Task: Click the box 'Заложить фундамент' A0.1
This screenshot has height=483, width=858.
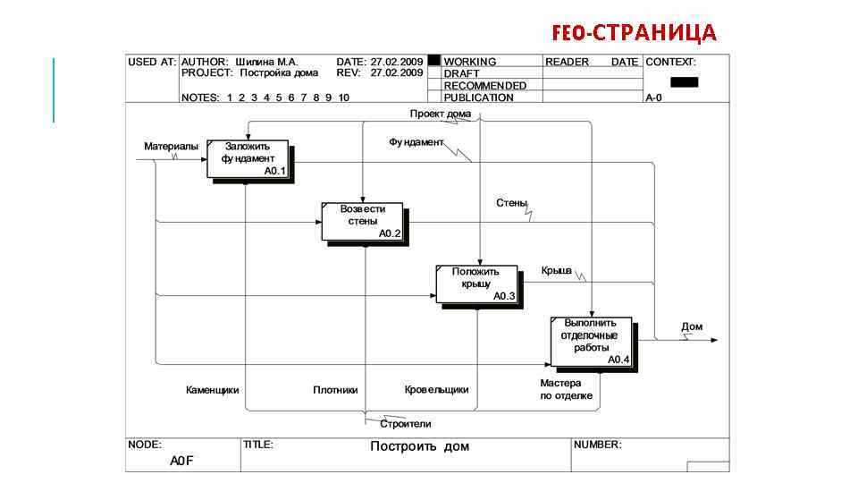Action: (x=249, y=158)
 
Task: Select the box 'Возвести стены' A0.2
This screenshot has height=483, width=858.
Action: (x=363, y=221)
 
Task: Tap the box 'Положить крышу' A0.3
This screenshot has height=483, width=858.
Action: (x=476, y=284)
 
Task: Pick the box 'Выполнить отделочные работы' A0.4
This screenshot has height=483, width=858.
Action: (x=591, y=342)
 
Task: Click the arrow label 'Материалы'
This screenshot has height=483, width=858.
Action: (x=172, y=146)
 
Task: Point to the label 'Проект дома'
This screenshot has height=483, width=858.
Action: (x=441, y=114)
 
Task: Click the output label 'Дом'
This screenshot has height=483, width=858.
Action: (x=692, y=326)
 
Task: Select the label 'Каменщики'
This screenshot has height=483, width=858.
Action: (x=212, y=390)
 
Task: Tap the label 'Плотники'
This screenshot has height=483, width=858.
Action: (x=335, y=390)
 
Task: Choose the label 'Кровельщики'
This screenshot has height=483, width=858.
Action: (x=436, y=390)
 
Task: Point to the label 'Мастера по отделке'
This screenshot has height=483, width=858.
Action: (x=566, y=389)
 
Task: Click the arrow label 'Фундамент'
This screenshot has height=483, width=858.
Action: (x=416, y=142)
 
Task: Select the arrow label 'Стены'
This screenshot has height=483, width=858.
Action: (x=511, y=203)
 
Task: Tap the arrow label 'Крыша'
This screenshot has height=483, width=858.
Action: (x=556, y=270)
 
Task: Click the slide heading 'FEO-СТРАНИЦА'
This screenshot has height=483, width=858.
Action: (x=635, y=33)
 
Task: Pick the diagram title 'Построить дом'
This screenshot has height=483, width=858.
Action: (x=419, y=446)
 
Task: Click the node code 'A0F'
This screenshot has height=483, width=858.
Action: (x=182, y=461)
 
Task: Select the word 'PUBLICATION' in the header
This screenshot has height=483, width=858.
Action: (x=478, y=97)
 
